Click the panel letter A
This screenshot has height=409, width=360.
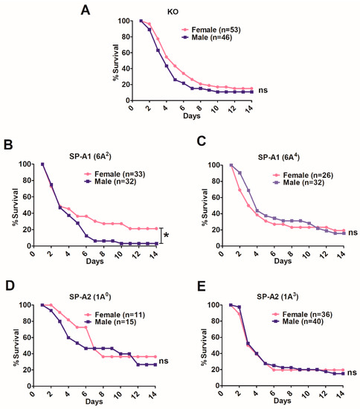point(86,10)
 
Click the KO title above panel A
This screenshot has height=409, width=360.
point(173,12)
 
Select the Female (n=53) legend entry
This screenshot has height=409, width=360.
point(211,30)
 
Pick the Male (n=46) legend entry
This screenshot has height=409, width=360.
point(207,37)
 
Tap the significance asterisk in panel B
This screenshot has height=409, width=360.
point(166,236)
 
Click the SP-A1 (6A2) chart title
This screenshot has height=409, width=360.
point(90,156)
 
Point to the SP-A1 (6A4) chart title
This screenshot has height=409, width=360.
point(279,157)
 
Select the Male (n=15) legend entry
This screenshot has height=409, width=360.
point(110,322)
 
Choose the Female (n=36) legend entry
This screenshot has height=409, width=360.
point(303,315)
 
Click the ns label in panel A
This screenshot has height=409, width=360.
point(263,90)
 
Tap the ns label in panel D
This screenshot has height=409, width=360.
point(164,361)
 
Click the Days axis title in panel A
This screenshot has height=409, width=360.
point(192,115)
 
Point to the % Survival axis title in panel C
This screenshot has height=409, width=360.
point(205,207)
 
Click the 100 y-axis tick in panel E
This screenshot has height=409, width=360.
point(213,305)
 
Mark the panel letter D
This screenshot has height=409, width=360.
point(10,286)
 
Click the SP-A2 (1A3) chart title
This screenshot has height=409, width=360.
point(278,297)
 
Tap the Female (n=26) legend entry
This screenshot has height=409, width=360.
point(303,175)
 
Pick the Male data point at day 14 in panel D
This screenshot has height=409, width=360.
point(155,364)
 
